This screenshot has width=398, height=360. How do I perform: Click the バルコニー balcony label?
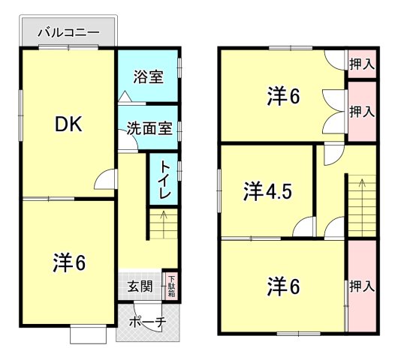tap(68, 33)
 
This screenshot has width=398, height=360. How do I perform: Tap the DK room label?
tap(68, 124)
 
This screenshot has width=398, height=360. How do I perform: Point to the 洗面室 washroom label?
tap(149, 127)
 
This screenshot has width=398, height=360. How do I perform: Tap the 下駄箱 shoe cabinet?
tap(170, 284)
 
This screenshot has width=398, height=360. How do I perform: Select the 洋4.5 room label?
tap(267, 192)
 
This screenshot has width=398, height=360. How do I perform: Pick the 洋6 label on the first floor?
tap(68, 262)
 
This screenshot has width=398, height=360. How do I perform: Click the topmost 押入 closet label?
tap(362, 64)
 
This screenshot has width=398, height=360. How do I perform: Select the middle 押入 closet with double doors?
tap(362, 112)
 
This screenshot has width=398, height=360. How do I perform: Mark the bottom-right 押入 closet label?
tap(362, 286)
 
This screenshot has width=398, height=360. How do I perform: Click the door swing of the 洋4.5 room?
tap(304, 226)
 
